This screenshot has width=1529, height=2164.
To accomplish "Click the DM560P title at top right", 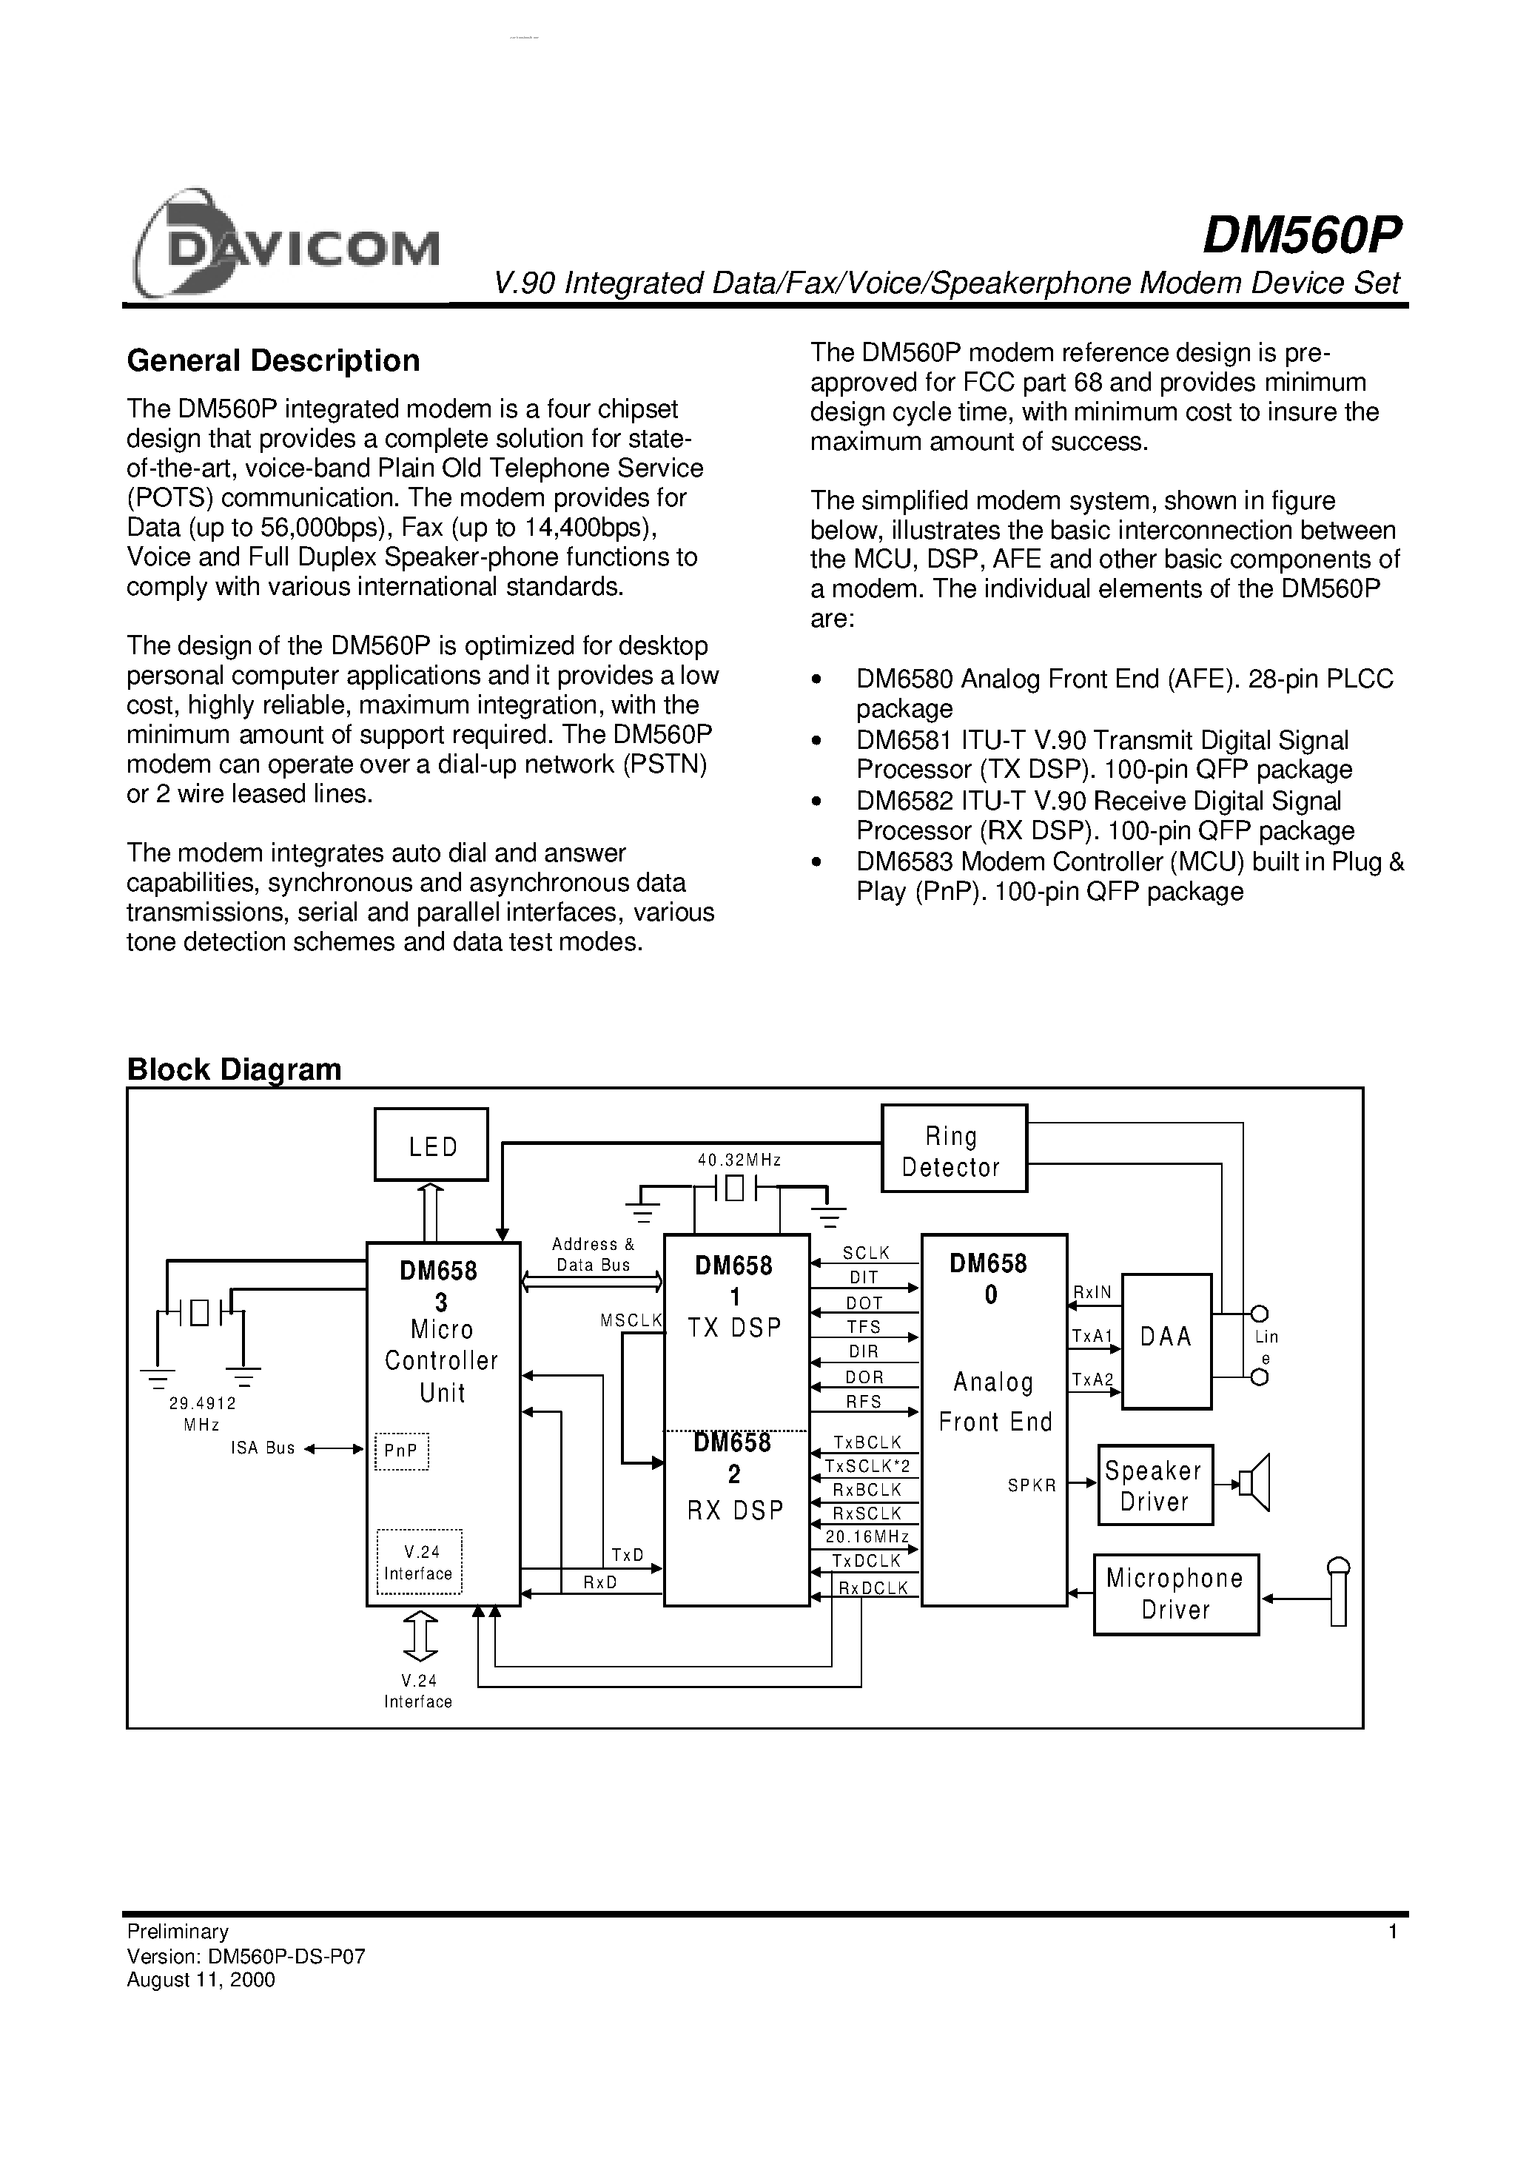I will (x=1302, y=235).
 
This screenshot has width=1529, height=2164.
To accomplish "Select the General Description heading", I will (x=272, y=361).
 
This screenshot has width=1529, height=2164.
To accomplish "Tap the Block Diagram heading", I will (x=234, y=1069).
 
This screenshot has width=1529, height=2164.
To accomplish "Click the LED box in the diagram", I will (x=431, y=1144).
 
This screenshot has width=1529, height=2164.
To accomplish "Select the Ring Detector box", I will (x=953, y=1149).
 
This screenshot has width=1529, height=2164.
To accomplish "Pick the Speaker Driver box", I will (x=1154, y=1485).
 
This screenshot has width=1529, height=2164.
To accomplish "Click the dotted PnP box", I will (x=402, y=1451).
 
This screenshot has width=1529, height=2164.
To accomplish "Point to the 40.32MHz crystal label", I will (x=739, y=1160).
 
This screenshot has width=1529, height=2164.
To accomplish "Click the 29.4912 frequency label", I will (x=202, y=1403).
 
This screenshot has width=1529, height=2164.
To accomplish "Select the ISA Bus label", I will (x=263, y=1448).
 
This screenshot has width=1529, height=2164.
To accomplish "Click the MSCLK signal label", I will (x=631, y=1321).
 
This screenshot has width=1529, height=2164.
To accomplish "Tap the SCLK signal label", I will (x=865, y=1253).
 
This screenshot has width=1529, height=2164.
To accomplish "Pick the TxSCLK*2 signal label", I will (x=867, y=1467).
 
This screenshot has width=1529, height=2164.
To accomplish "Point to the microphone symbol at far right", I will (x=1337, y=1592).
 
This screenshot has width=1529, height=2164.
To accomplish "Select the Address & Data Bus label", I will (x=593, y=1254).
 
